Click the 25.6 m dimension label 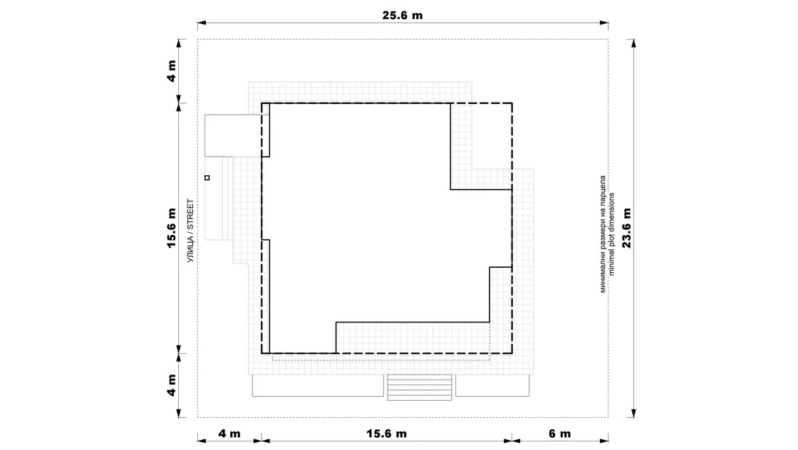point(402,15)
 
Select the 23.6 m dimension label point(626,229)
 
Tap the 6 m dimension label point(559,434)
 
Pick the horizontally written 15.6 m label point(386,434)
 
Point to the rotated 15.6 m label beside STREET point(172,229)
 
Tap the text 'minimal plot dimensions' point(611,234)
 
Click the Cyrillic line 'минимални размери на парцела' point(603,234)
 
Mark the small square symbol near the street point(207,178)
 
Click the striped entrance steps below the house point(420,387)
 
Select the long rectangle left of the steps point(318,385)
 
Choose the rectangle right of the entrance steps point(492,385)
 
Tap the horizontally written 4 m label point(229,434)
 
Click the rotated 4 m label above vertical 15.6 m point(172,71)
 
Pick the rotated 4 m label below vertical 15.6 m point(172,385)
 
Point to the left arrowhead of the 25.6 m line point(202,23)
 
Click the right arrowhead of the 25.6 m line point(604,23)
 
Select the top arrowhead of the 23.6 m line point(633,43)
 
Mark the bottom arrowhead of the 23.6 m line point(633,414)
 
